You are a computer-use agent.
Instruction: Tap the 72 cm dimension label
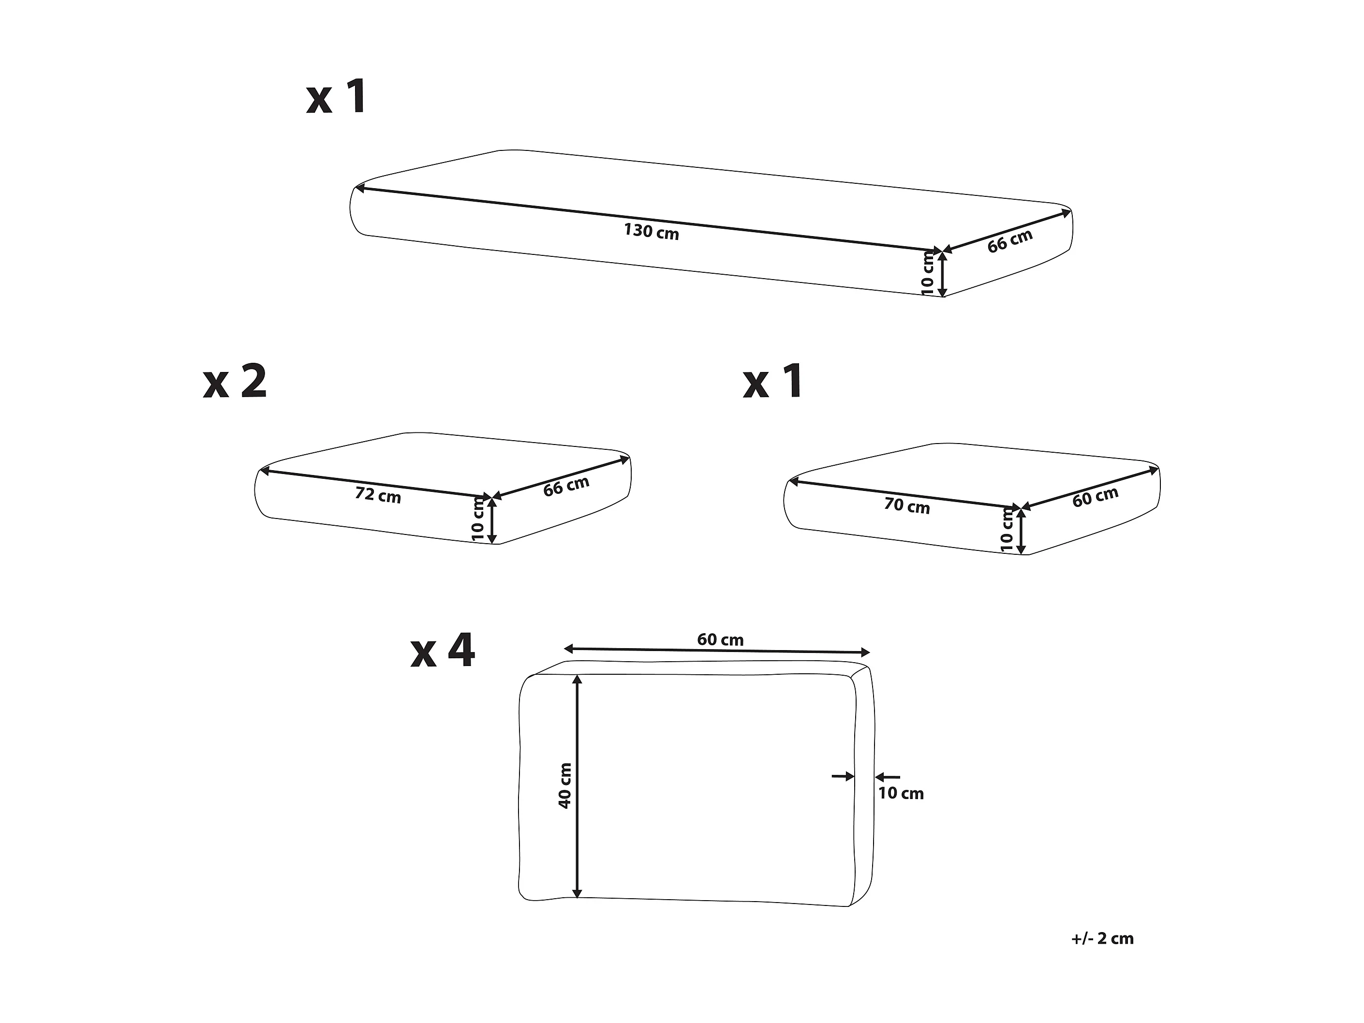tap(378, 494)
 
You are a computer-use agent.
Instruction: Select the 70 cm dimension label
tap(907, 505)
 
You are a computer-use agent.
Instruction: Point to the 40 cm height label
tap(565, 786)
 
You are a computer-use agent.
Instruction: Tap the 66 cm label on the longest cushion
tap(1010, 241)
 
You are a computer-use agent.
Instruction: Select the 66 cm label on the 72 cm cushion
tap(566, 487)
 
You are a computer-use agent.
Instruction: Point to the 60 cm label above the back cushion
tap(720, 640)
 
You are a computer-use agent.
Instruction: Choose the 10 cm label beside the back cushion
tap(901, 794)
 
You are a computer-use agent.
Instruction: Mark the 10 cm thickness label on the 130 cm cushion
tap(927, 273)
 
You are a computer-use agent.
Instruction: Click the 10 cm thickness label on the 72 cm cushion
tap(478, 519)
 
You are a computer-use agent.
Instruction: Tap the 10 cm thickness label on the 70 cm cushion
tap(1007, 530)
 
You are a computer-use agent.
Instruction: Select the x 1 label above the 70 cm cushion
tap(773, 382)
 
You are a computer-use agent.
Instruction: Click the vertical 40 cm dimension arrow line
tap(577, 786)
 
